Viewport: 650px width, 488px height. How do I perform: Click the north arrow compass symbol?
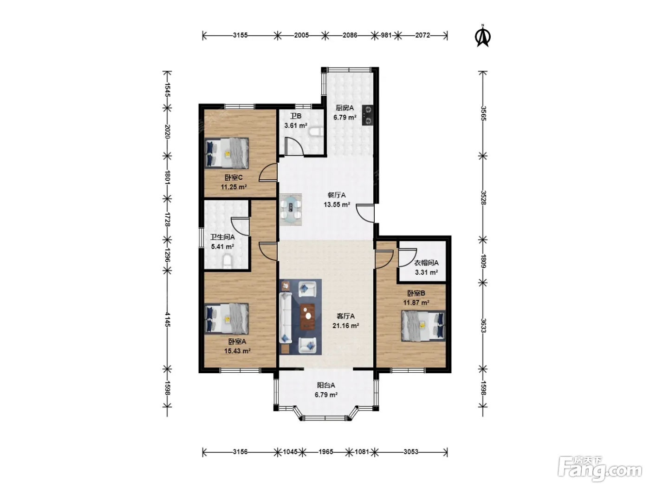pyautogui.click(x=482, y=36)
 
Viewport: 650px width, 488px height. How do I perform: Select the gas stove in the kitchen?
pyautogui.click(x=368, y=115)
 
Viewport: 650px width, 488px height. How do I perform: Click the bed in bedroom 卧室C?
pyautogui.click(x=227, y=153)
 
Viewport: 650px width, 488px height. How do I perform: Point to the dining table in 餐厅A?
pyautogui.click(x=291, y=209)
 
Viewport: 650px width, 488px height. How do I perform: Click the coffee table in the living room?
pyautogui.click(x=307, y=317)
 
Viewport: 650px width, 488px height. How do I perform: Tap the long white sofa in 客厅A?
pyautogui.click(x=286, y=318)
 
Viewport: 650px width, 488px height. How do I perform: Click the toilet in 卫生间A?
pyautogui.click(x=227, y=262)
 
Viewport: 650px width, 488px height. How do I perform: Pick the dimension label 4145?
pyautogui.click(x=168, y=319)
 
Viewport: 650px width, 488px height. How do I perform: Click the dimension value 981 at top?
pyautogui.click(x=386, y=35)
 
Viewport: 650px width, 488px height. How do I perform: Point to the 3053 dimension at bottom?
pyautogui.click(x=411, y=452)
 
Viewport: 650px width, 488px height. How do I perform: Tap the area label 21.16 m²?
pyautogui.click(x=345, y=326)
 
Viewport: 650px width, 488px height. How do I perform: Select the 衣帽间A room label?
pyautogui.click(x=426, y=263)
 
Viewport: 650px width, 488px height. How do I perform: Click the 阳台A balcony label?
pyautogui.click(x=326, y=385)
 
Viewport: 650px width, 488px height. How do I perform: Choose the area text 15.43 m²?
pyautogui.click(x=237, y=351)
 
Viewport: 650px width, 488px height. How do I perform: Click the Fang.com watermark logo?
pyautogui.click(x=599, y=469)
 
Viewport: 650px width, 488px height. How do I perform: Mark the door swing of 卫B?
pyautogui.click(x=294, y=146)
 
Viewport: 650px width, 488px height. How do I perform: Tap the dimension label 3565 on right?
pyautogui.click(x=483, y=113)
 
